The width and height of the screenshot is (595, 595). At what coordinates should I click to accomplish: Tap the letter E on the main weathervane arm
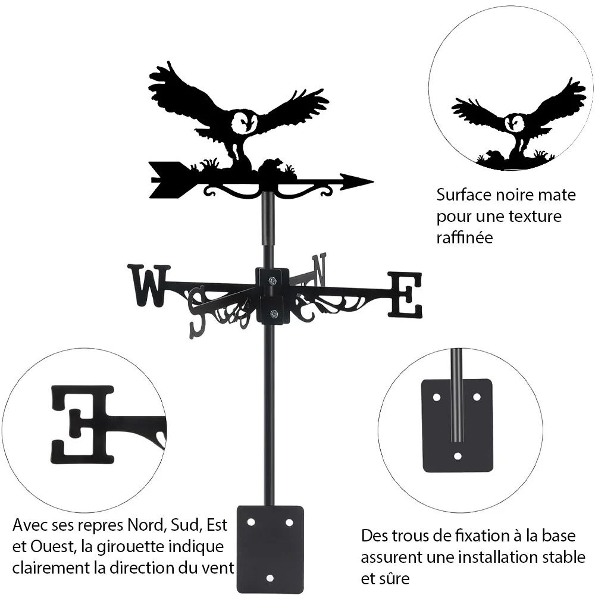coord(405,295)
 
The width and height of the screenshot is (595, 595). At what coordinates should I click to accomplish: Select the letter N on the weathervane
coord(319,270)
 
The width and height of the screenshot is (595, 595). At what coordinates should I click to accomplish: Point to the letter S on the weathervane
coord(199,312)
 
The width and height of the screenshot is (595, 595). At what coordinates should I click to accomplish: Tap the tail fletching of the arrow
coord(167,180)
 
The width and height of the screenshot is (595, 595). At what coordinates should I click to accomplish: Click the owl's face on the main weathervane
coord(245,122)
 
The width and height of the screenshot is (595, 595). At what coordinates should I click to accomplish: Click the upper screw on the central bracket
coord(273,281)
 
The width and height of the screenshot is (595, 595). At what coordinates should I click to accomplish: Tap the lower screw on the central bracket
coord(273,314)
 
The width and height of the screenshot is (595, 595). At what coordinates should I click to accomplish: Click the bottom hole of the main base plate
coord(270,578)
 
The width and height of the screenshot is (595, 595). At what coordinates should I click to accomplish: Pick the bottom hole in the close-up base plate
coord(458,456)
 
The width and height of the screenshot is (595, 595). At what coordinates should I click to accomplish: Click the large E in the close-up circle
coord(82,425)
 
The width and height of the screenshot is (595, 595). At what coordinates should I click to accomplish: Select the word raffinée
coord(465,237)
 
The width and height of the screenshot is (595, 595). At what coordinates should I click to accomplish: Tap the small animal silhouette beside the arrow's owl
coord(271,165)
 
